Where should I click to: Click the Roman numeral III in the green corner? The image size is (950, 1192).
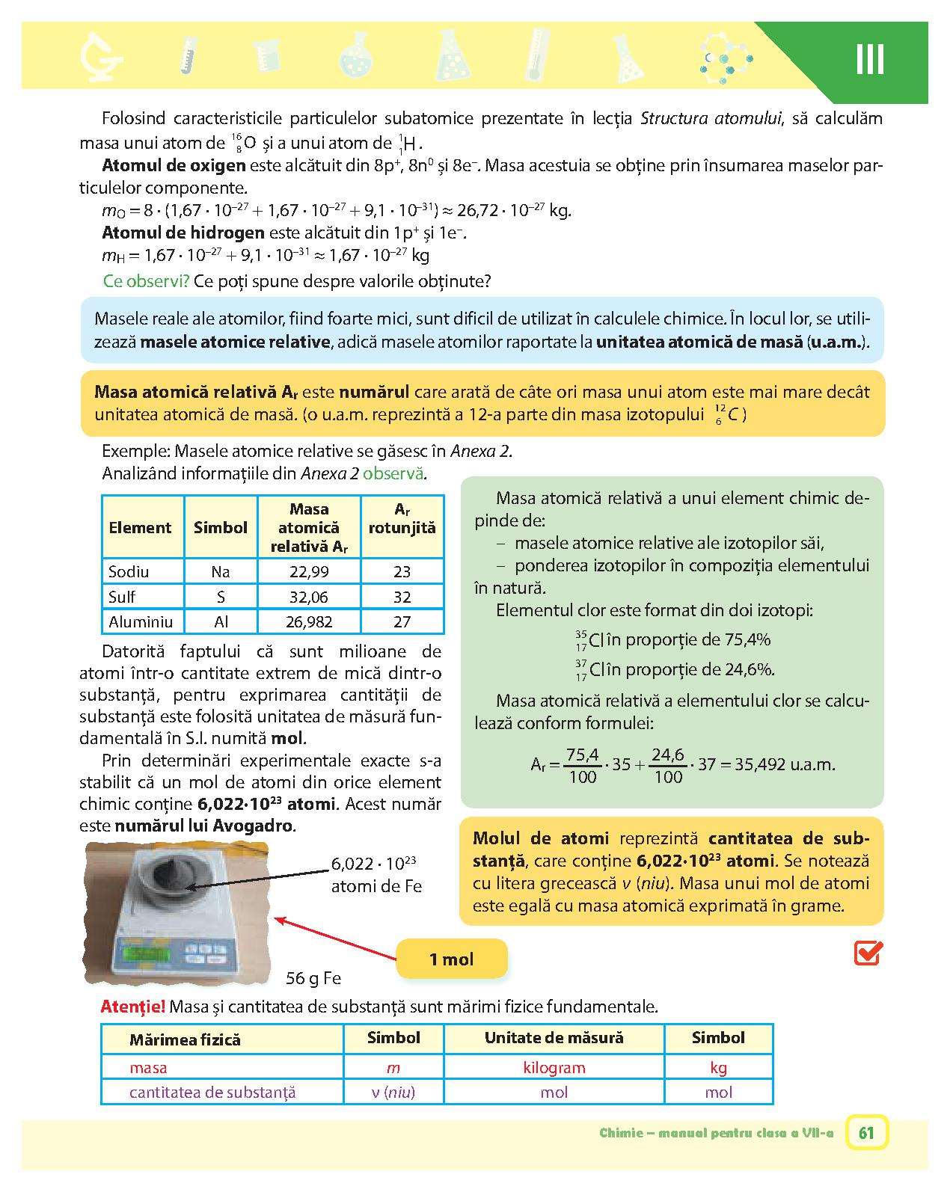click(869, 59)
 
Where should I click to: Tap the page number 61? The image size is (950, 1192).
click(866, 1132)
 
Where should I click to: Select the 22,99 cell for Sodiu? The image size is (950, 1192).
click(309, 572)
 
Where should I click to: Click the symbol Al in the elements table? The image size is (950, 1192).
click(221, 621)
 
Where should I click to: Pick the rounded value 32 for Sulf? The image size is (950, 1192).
click(402, 597)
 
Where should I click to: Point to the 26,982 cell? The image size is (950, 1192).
click(309, 621)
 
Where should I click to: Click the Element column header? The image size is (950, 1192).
click(140, 527)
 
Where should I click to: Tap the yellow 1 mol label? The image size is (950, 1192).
click(451, 959)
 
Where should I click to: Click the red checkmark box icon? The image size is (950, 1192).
click(868, 953)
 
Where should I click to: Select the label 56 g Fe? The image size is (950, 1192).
click(313, 978)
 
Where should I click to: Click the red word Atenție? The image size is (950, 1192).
click(133, 1007)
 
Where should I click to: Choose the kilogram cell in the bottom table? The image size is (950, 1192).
click(554, 1068)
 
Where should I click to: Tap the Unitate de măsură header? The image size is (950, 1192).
click(554, 1038)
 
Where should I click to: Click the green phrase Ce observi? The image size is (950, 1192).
click(146, 282)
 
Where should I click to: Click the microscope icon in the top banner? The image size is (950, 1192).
click(101, 58)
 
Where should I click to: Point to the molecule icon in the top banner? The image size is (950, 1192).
click(725, 58)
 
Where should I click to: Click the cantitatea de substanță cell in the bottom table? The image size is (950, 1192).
click(212, 1092)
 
